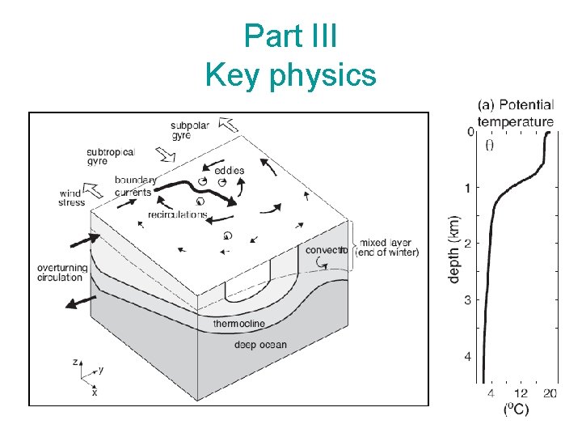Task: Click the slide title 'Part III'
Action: pos(290,36)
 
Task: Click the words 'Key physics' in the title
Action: pos(290,74)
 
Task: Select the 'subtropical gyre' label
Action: pos(111,156)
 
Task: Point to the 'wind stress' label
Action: pos(72,197)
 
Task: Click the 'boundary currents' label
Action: pos(133,186)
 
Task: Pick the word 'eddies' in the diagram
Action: pos(230,170)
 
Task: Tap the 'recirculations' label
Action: pos(177,214)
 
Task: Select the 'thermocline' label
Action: pos(238,324)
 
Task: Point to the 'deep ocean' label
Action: pos(260,345)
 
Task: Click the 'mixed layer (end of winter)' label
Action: pos(389,247)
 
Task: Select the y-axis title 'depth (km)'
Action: pos(454,248)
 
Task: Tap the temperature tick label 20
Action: pos(550,393)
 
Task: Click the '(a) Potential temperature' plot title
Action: pos(516,113)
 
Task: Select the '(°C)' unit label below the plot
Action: pos(516,409)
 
